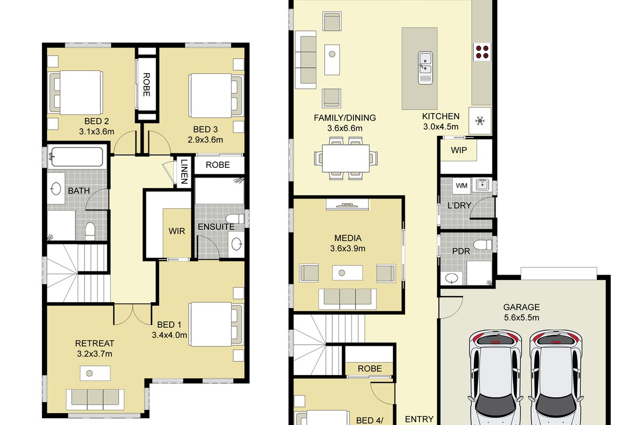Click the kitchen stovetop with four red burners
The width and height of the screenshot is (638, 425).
[482, 52]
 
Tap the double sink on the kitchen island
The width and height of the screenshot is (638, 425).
[425, 68]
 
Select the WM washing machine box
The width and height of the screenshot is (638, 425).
[461, 185]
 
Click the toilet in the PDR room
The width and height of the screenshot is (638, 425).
[483, 244]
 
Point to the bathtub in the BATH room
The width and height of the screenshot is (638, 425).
[77, 157]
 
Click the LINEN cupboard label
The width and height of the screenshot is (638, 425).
[184, 172]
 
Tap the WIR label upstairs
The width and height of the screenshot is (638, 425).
[177, 231]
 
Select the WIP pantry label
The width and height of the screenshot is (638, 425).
[459, 150]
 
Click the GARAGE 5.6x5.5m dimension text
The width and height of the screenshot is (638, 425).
[522, 317]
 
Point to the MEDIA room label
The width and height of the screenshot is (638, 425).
[348, 238]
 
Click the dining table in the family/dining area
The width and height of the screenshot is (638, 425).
[346, 158]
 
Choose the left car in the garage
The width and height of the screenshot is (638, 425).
[496, 377]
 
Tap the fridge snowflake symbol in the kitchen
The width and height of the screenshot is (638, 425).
[480, 121]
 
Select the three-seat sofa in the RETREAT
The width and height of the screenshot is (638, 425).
[95, 399]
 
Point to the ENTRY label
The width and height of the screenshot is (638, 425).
[419, 419]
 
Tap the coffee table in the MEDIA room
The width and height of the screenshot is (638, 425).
[348, 273]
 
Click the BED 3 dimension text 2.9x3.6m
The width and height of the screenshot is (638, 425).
[205, 140]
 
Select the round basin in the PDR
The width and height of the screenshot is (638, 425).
[452, 278]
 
